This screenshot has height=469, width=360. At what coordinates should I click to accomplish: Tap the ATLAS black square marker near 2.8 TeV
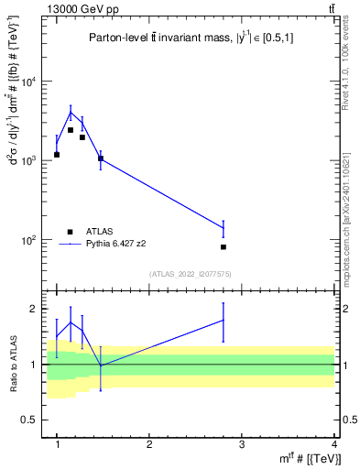224,247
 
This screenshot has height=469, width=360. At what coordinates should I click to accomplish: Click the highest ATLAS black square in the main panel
71,130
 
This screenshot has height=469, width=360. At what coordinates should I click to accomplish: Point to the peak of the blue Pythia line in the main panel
71,113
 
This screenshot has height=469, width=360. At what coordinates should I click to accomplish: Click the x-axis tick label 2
149,444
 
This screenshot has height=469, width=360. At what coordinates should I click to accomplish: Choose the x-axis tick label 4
333,444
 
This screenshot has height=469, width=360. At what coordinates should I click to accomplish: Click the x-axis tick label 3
242,444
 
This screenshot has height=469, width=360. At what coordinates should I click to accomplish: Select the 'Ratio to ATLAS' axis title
13,364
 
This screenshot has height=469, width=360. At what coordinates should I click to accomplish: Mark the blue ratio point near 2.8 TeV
224,320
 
